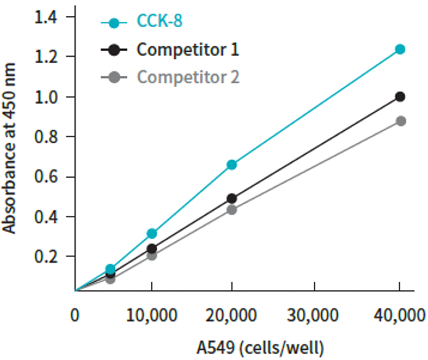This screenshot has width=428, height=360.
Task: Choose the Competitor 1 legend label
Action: (188, 49)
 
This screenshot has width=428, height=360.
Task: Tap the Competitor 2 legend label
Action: (188, 77)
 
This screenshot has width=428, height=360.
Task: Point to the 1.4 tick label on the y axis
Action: (45, 16)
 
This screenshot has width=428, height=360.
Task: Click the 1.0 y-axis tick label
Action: (45, 97)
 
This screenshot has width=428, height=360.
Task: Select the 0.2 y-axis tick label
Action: (45, 256)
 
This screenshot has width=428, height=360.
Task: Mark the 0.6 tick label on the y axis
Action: (45, 177)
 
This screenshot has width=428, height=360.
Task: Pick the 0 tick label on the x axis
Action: (75, 315)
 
